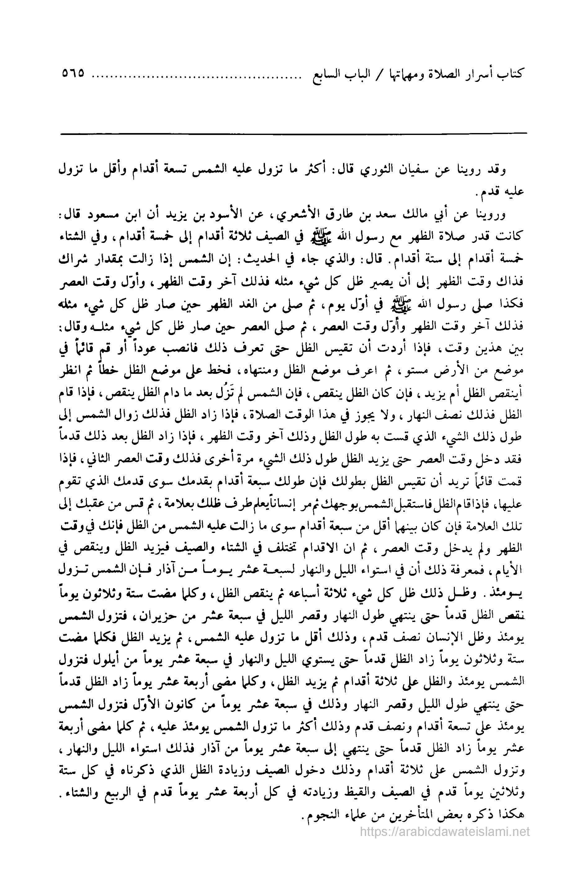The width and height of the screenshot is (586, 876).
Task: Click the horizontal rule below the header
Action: click(293, 133)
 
